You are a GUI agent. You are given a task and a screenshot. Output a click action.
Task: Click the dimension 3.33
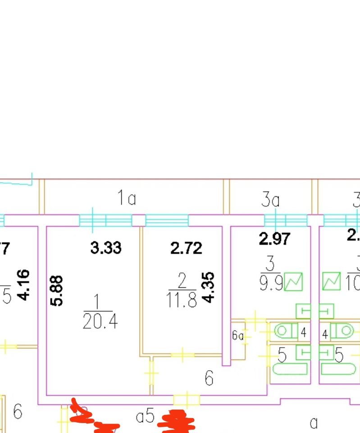click(106, 248)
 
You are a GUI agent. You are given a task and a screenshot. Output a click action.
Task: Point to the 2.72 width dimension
click(187, 248)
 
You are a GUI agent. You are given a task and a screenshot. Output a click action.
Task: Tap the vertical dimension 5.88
click(57, 291)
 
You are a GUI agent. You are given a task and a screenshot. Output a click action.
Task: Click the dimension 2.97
click(275, 239)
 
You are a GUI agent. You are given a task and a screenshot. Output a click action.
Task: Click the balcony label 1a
click(127, 198)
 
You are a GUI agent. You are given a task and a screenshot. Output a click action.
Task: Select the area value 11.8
click(182, 300)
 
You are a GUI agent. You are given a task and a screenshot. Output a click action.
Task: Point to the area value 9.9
click(270, 283)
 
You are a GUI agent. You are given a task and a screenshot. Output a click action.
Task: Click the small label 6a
click(238, 336)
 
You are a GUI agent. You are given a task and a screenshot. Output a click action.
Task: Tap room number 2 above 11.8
click(182, 282)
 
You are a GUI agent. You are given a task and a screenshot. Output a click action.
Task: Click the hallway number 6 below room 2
click(209, 378)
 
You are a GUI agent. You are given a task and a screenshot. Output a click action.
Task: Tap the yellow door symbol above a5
click(186, 400)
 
